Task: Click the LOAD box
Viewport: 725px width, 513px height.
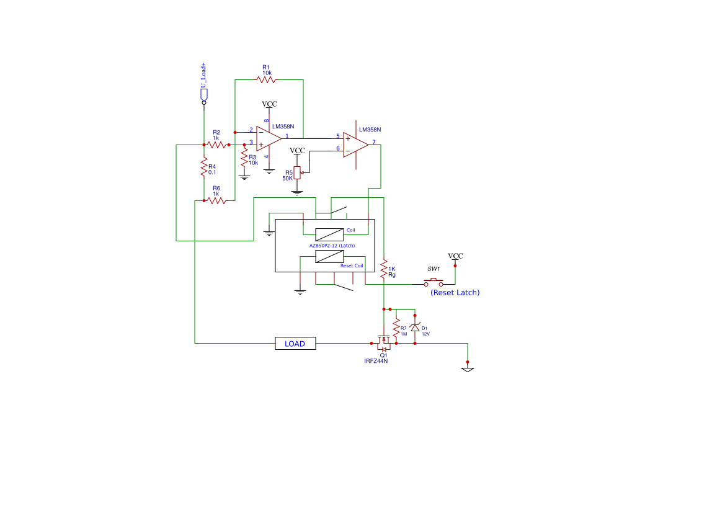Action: [295, 343]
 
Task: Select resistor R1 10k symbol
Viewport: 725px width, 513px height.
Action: [266, 79]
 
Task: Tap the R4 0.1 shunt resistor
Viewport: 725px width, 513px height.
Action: [204, 167]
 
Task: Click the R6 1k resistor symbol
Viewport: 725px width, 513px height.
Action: [216, 201]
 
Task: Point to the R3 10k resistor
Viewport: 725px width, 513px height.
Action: [244, 158]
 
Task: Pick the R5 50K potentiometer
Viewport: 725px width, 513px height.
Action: [297, 172]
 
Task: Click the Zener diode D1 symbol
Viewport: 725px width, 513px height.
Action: [415, 328]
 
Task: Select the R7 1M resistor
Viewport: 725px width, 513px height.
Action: [396, 328]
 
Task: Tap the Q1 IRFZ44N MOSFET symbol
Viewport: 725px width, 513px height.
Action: [383, 343]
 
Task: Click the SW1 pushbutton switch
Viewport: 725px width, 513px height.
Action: [434, 282]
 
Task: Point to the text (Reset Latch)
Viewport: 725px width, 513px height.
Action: [455, 292]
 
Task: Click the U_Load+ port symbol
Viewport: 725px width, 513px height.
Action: [204, 95]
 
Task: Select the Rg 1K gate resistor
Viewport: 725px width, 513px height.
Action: [384, 269]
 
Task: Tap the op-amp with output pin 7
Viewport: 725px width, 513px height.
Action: [355, 145]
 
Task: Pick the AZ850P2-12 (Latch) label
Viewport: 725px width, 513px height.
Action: [332, 246]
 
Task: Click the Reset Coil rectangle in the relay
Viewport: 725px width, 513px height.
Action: [330, 256]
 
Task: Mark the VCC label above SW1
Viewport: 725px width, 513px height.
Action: [455, 256]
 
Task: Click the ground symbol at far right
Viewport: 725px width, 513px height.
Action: [468, 369]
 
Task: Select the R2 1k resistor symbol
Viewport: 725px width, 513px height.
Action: [216, 145]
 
